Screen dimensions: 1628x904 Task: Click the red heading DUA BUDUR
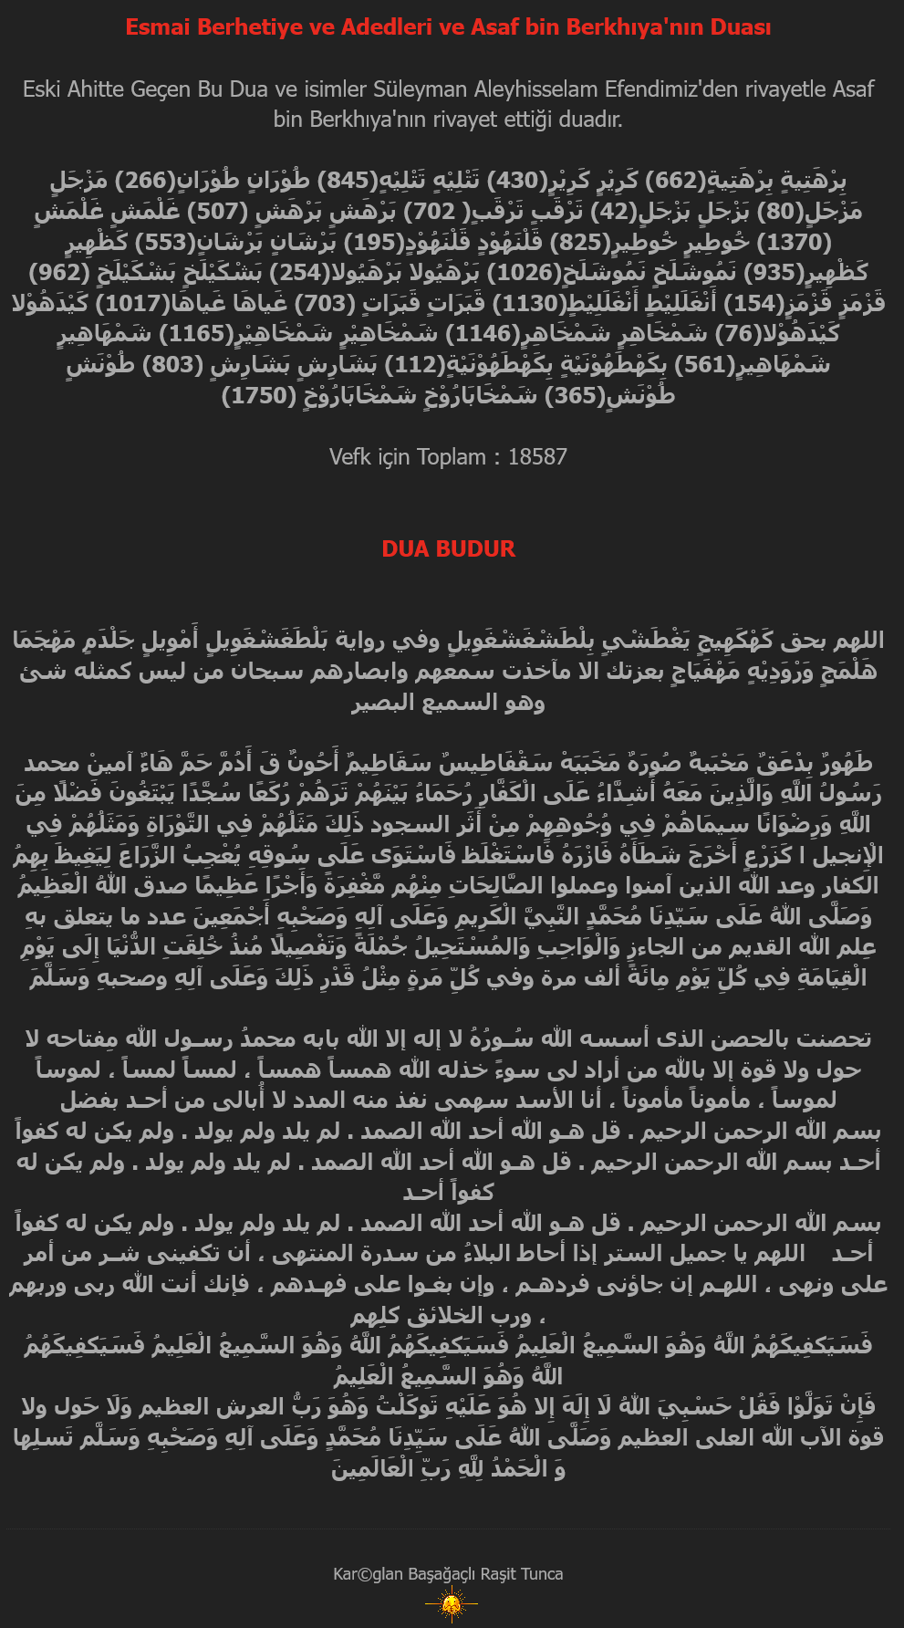click(x=448, y=548)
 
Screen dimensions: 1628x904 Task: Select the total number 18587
click(x=537, y=457)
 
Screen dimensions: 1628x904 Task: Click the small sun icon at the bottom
click(x=451, y=1603)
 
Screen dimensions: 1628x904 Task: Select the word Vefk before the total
click(x=350, y=457)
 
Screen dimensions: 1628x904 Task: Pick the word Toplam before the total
click(x=451, y=457)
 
